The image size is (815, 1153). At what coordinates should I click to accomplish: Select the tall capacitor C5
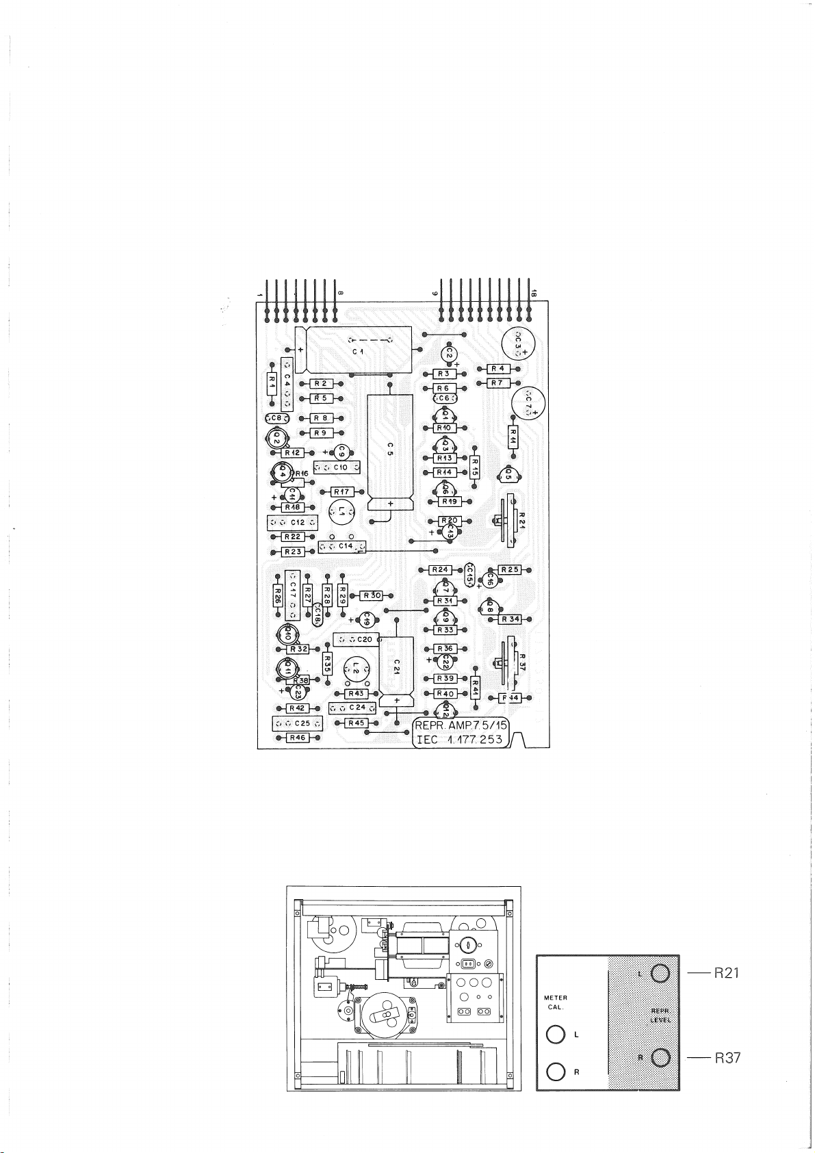[390, 448]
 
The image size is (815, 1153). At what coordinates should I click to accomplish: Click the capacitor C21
[396, 666]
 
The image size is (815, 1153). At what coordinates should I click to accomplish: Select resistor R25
[509, 569]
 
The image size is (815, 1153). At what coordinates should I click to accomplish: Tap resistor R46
[297, 738]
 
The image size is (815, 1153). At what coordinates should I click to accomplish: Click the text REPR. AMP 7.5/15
[461, 725]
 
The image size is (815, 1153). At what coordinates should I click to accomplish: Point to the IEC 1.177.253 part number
[461, 740]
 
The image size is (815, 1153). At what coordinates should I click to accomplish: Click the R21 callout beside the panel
[727, 972]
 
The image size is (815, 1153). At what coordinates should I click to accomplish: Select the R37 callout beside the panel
[727, 1058]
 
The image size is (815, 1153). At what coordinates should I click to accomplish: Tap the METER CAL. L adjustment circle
[556, 1035]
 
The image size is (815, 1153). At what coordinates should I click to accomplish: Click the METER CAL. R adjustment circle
[556, 1071]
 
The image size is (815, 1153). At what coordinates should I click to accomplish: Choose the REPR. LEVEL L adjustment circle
[660, 973]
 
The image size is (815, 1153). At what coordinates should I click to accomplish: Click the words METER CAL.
[555, 1002]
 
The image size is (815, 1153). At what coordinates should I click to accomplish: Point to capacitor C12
[293, 523]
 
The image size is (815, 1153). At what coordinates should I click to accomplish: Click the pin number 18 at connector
[533, 294]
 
